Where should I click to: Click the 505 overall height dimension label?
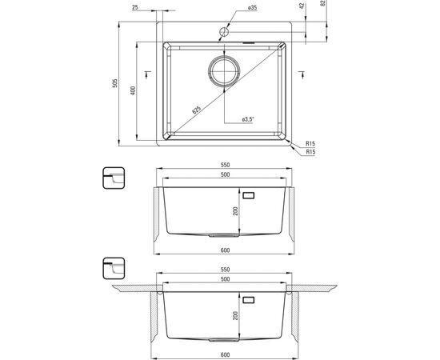114,83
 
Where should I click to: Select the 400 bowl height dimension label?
133,90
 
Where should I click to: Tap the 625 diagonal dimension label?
197,110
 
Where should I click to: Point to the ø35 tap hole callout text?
253,7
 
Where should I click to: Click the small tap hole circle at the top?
224,32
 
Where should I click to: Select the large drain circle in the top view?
224,70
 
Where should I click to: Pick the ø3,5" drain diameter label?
247,119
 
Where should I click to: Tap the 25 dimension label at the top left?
135,7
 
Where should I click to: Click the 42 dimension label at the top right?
302,6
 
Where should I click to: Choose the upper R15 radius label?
310,143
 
